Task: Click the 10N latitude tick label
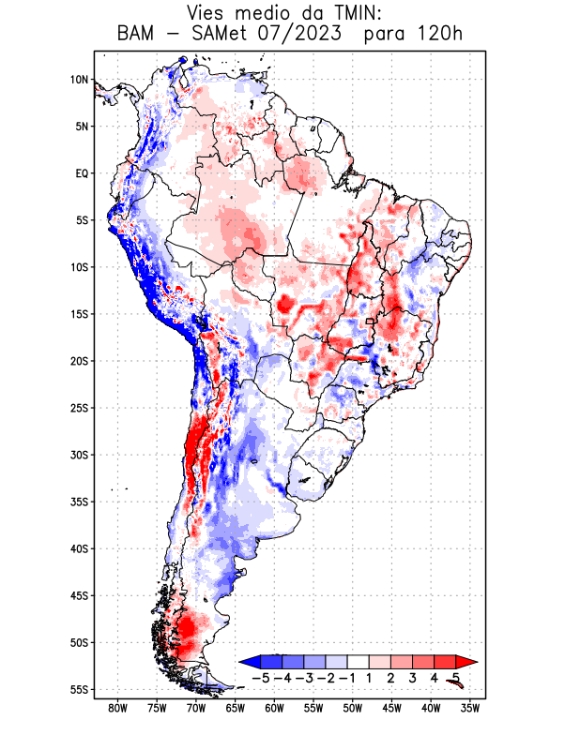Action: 80,80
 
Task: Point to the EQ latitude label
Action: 82,173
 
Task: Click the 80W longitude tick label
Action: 118,708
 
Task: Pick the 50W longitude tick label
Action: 352,708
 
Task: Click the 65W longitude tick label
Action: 236,708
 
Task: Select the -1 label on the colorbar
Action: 347,677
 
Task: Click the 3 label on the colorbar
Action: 412,677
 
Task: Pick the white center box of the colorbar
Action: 358,662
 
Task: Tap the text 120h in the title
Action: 440,35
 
